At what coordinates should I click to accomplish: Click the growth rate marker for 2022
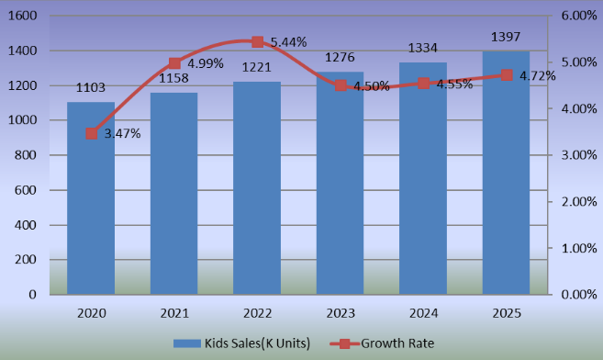[x=257, y=42]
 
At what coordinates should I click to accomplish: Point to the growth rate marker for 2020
[x=91, y=133]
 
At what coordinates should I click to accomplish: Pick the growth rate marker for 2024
[x=423, y=84]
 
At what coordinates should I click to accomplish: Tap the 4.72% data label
[x=537, y=76]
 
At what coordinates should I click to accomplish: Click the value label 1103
[x=91, y=87]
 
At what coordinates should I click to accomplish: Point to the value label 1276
[x=340, y=58]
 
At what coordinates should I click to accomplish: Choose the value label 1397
[x=506, y=37]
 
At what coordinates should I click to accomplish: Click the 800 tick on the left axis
[x=26, y=155]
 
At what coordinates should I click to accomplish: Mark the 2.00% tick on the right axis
[x=579, y=202]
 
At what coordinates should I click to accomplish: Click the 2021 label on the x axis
[x=174, y=313]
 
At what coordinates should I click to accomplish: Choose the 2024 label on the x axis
[x=423, y=313]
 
